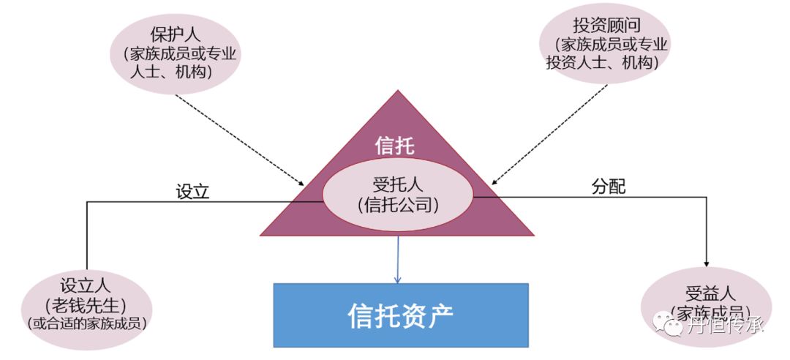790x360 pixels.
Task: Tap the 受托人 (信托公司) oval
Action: (398, 194)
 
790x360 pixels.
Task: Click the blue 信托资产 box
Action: (400, 315)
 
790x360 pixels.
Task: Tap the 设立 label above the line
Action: (192, 192)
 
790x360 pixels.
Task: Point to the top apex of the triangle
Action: (398, 91)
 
